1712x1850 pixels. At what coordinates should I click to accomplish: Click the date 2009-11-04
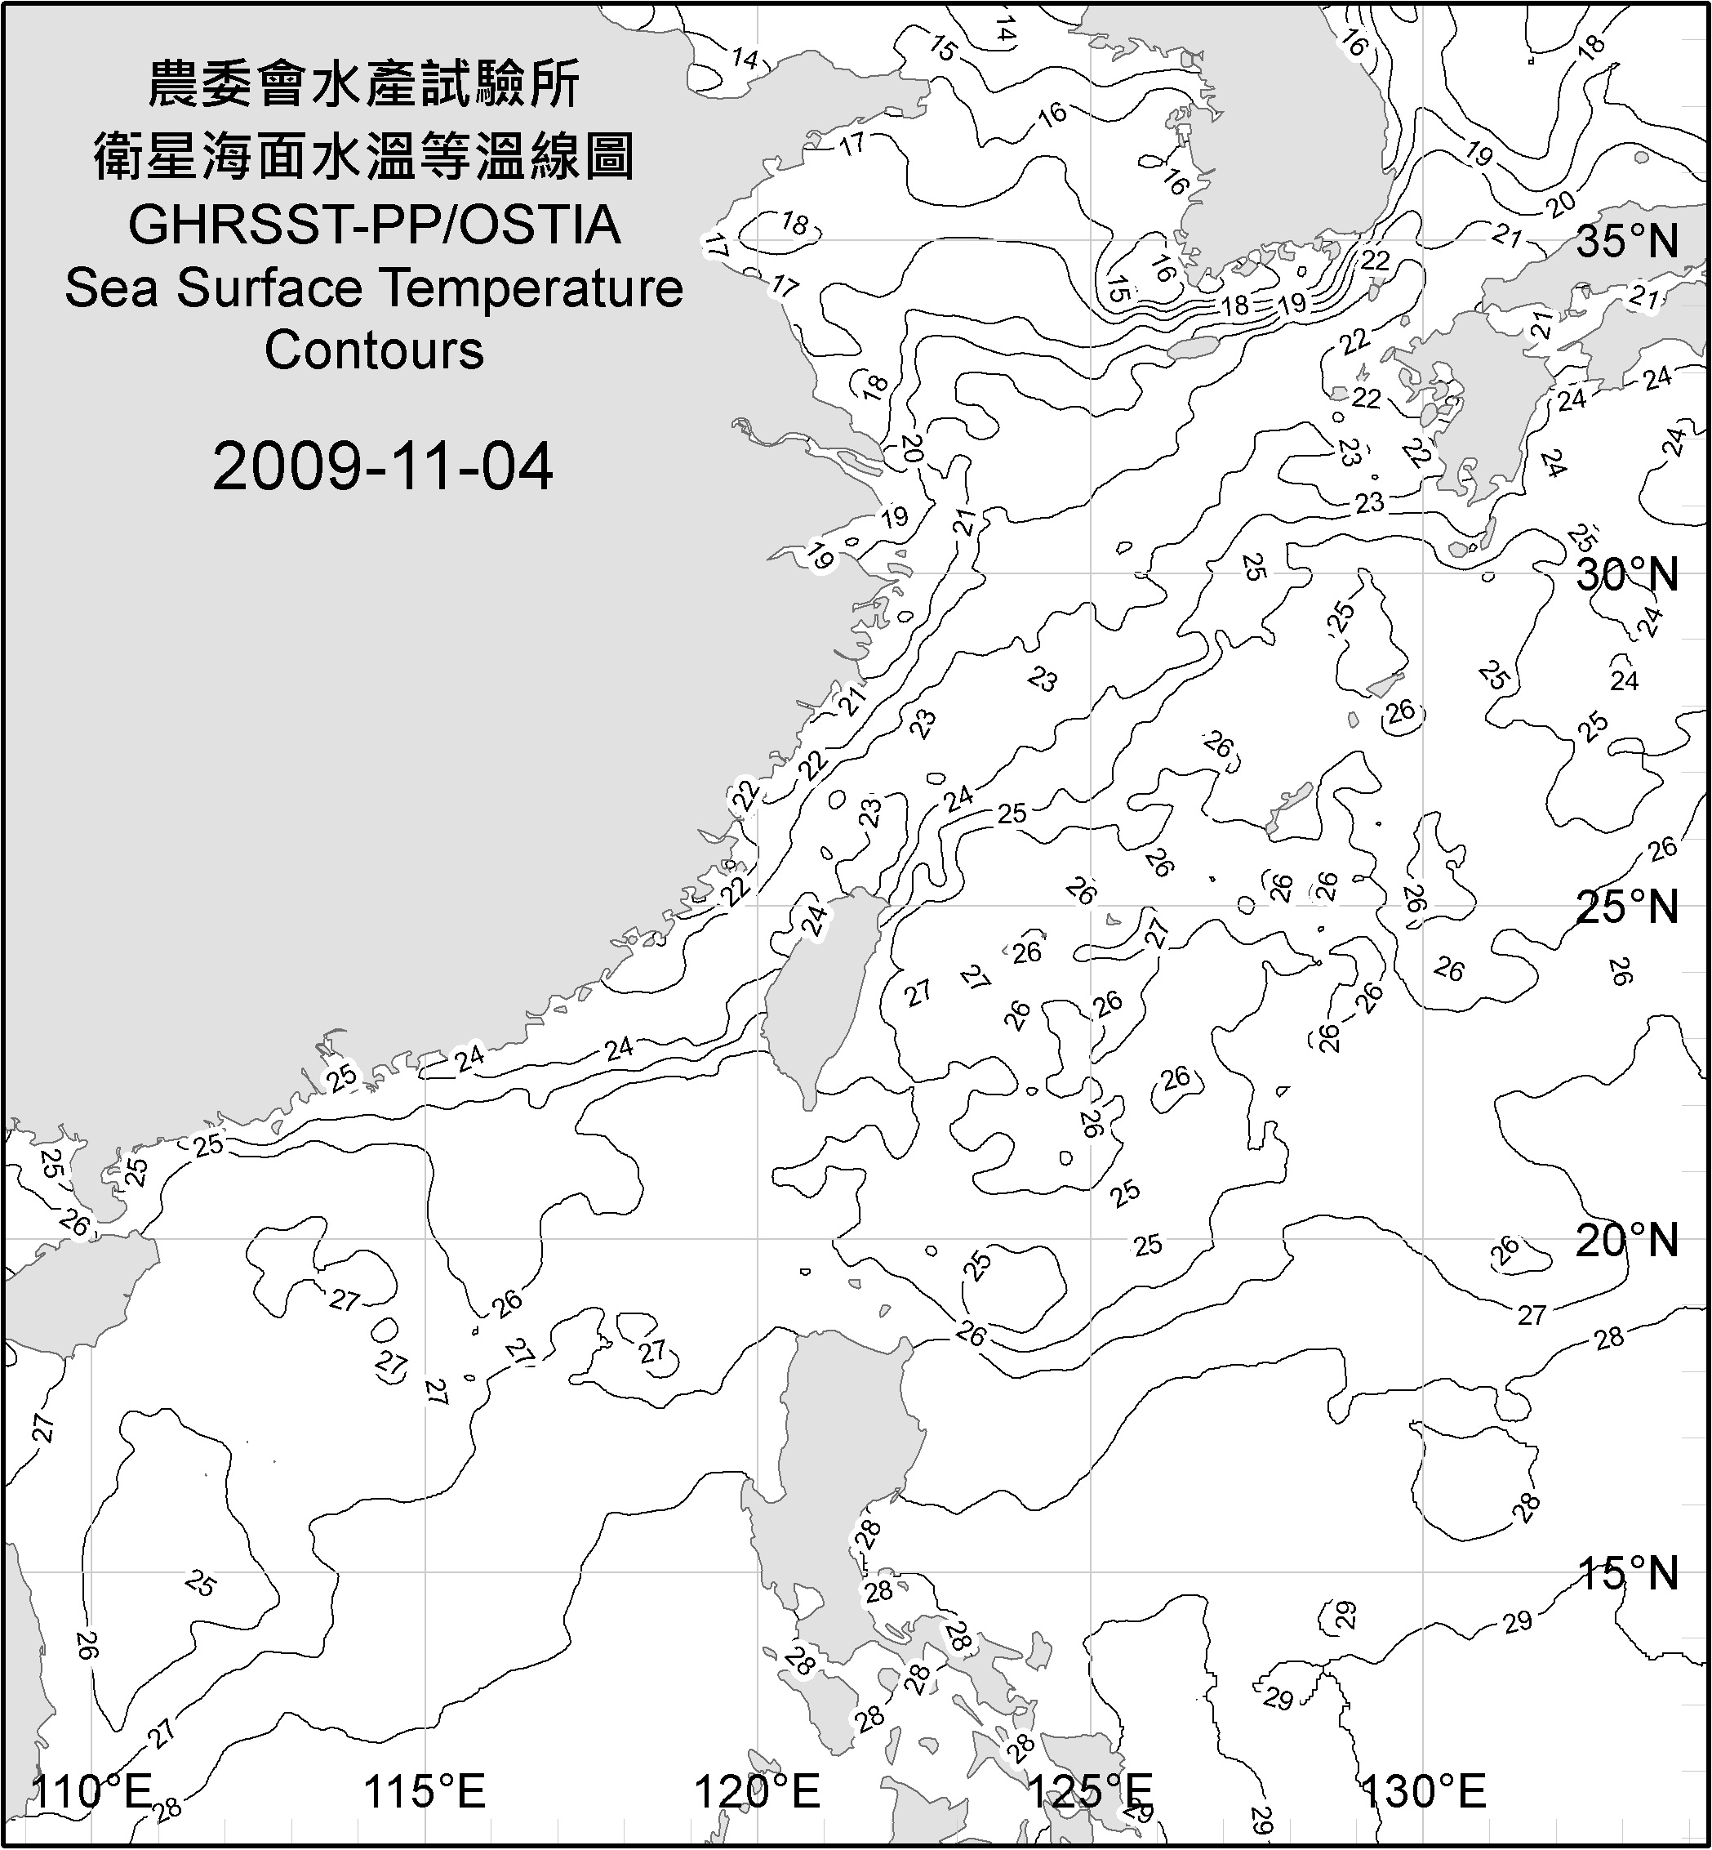coord(383,466)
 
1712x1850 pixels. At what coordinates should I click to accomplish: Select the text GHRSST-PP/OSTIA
coord(374,225)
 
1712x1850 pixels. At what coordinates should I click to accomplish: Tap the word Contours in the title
coord(374,350)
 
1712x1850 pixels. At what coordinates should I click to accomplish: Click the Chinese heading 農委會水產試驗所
coord(364,83)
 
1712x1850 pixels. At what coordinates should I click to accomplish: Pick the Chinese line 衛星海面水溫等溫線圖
coord(364,155)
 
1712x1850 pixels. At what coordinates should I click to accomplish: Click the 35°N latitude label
coord(1627,242)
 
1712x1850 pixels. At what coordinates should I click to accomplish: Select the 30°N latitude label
coord(1627,576)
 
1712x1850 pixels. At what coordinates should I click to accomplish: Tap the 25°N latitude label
coord(1627,907)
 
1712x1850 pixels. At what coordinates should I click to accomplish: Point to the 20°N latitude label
coord(1627,1240)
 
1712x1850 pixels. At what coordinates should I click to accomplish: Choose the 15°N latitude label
coord(1627,1573)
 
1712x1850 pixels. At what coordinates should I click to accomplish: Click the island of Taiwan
coord(816,992)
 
